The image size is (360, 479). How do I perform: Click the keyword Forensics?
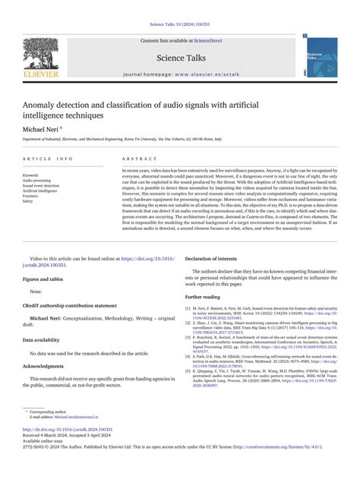pos(32,196)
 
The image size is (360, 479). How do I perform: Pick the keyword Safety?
pos(28,201)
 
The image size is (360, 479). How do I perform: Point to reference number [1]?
pos(188,309)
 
